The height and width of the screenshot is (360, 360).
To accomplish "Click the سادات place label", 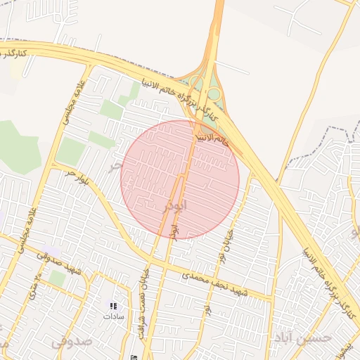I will (x=112, y=316).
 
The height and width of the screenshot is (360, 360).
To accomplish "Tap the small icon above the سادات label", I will (x=112, y=306).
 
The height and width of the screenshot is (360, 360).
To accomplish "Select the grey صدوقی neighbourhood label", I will (x=71, y=342).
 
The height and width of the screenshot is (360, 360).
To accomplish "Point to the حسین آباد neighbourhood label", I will (x=303, y=337).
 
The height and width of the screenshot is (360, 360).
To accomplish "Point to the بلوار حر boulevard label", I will (x=73, y=178).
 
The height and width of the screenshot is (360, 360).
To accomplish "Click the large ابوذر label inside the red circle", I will (x=175, y=205).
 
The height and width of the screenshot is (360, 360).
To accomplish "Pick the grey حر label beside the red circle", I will (x=115, y=167).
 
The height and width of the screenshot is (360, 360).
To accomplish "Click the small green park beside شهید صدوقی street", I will (x=57, y=278).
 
